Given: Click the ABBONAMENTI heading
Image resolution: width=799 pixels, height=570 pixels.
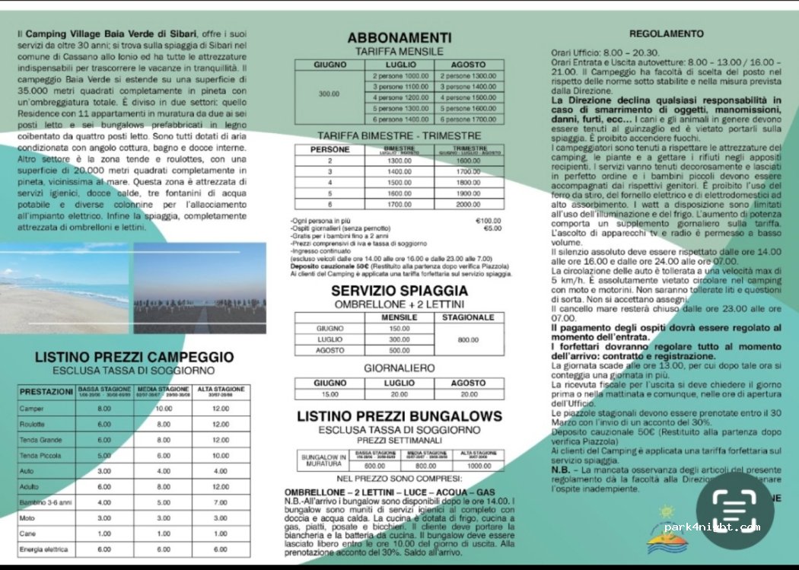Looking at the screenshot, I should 399,38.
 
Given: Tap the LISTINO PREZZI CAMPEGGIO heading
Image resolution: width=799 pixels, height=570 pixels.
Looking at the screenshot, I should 135,357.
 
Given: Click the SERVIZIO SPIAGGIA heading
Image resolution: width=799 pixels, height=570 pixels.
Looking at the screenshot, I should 399,291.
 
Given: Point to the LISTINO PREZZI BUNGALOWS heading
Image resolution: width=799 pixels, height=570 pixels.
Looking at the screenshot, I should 399,416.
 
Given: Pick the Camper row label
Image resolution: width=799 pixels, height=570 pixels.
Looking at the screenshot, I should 31,409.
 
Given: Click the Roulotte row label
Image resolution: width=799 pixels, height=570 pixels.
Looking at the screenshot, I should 33,424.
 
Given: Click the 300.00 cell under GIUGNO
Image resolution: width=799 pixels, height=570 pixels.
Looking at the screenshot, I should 329,93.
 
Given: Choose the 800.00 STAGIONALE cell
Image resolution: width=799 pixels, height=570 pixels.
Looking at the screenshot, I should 468,339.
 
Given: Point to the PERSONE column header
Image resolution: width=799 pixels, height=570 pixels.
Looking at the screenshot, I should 329,149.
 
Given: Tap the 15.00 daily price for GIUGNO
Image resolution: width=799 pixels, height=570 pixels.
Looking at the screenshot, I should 329,394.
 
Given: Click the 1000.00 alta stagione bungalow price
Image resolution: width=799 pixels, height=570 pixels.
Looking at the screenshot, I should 479,466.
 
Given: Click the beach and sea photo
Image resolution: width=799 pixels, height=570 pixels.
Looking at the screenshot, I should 64,288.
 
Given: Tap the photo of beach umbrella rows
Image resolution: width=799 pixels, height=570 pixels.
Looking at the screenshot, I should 199,288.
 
